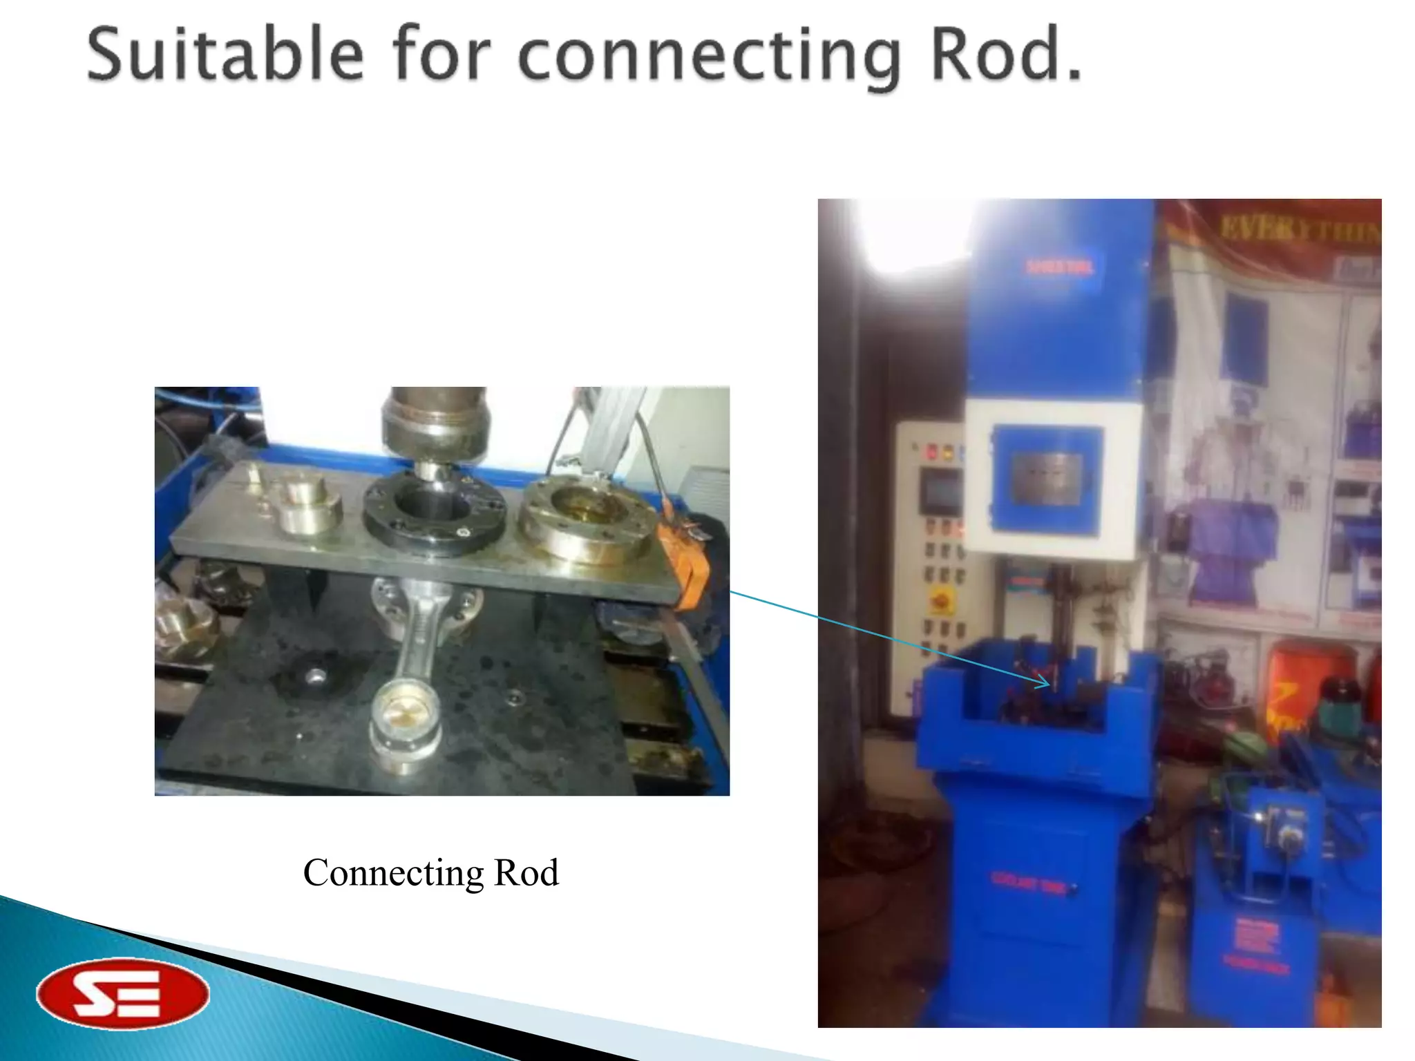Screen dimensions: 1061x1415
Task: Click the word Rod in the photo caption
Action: pos(526,873)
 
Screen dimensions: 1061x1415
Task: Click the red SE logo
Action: pos(122,993)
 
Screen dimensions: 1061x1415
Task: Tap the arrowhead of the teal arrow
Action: pos(1045,684)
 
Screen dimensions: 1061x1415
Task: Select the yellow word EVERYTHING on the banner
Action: pos(1299,228)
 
